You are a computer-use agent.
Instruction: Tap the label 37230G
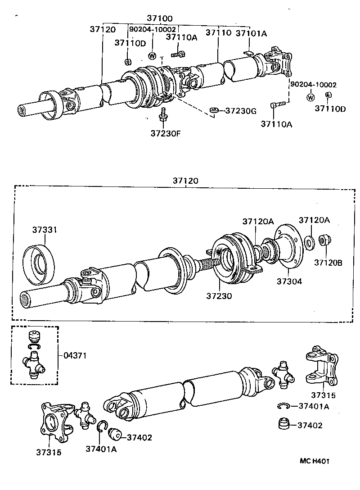tap(240, 110)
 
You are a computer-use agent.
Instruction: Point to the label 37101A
tap(251, 33)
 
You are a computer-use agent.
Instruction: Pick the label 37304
tap(289, 281)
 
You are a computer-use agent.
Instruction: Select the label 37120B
tap(328, 262)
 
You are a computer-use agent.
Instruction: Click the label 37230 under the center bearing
tap(219, 296)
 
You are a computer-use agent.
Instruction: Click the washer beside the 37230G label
tap(214, 110)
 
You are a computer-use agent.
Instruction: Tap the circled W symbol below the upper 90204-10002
tap(152, 56)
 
